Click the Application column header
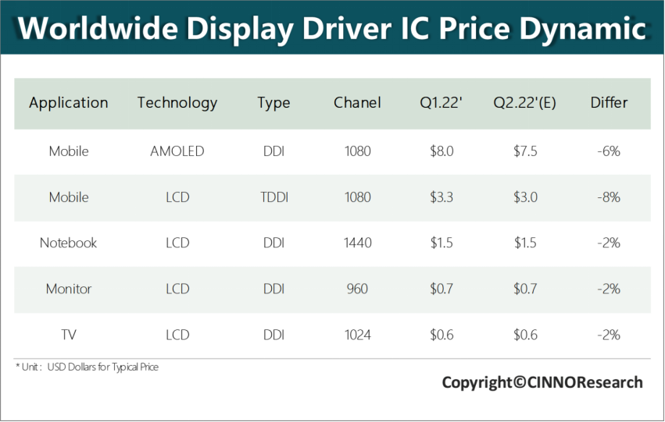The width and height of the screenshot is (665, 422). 69,103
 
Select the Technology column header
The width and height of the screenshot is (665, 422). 177,103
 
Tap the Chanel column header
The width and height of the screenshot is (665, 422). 357,103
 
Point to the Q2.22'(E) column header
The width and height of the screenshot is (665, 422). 524,103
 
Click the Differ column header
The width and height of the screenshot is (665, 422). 609,103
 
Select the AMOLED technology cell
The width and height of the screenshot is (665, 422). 177,151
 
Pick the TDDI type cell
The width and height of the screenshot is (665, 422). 274,197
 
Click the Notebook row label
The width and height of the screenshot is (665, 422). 69,243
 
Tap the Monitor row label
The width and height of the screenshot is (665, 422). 69,289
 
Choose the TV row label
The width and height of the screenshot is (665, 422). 69,335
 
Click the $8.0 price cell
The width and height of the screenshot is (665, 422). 442,151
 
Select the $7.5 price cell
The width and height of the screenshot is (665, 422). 525,151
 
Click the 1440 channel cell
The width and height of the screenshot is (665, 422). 357,243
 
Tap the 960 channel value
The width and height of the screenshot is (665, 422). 357,289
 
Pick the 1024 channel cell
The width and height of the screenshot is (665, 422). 357,335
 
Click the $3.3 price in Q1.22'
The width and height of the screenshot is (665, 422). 442,197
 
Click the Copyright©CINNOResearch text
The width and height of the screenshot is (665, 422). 542,382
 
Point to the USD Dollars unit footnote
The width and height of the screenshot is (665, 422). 87,367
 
